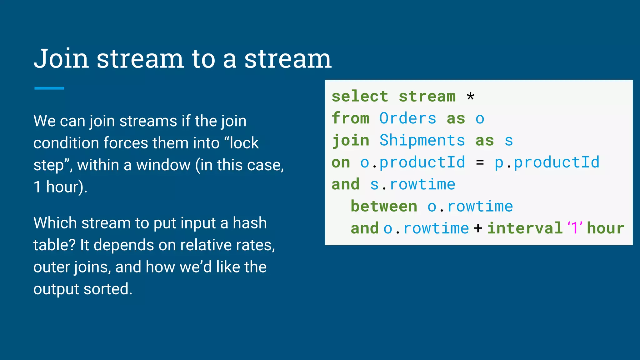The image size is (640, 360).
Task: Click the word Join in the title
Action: pos(61,59)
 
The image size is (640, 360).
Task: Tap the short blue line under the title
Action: pos(49,88)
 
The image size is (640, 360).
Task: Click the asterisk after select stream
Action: pos(470,96)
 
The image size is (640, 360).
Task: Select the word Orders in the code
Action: pos(407,118)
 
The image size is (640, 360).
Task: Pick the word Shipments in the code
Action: pos(422,140)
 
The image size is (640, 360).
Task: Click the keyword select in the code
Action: pos(360,96)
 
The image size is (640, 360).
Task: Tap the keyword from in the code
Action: pos(350,118)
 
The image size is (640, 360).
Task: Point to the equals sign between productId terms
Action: pos(480,162)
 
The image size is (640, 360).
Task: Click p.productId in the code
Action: pos(547,162)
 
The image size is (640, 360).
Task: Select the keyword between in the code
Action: pos(384,207)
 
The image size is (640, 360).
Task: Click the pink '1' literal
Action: pos(575,228)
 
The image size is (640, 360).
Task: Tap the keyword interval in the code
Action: pos(525,228)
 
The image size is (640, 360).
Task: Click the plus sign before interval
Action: pos(478,228)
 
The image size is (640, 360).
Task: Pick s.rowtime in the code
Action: pos(412,184)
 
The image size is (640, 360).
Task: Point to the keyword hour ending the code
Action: pos(605,228)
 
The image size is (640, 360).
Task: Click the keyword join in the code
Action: pos(350,140)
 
